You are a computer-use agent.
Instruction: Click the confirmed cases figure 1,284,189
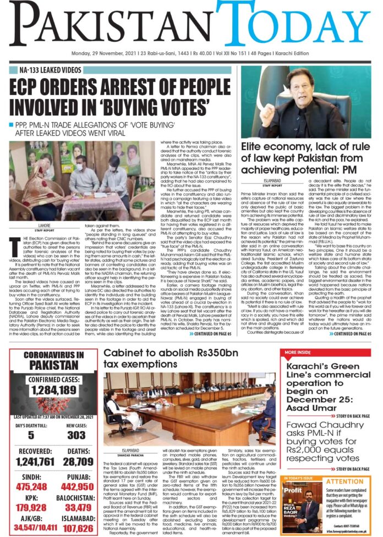point(53,390)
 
